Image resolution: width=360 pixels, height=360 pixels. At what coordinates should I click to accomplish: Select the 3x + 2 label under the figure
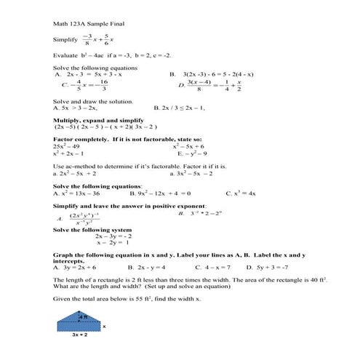click(x=80, y=335)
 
